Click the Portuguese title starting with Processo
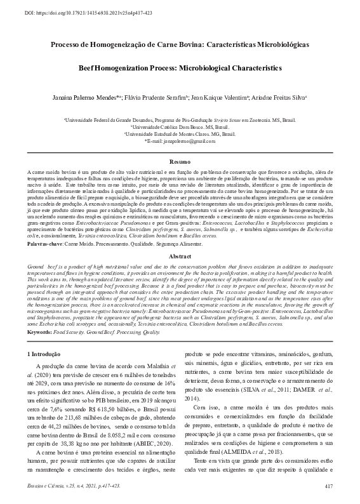point(180,46)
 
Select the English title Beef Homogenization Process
point(180,67)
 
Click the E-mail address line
point(180,141)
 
